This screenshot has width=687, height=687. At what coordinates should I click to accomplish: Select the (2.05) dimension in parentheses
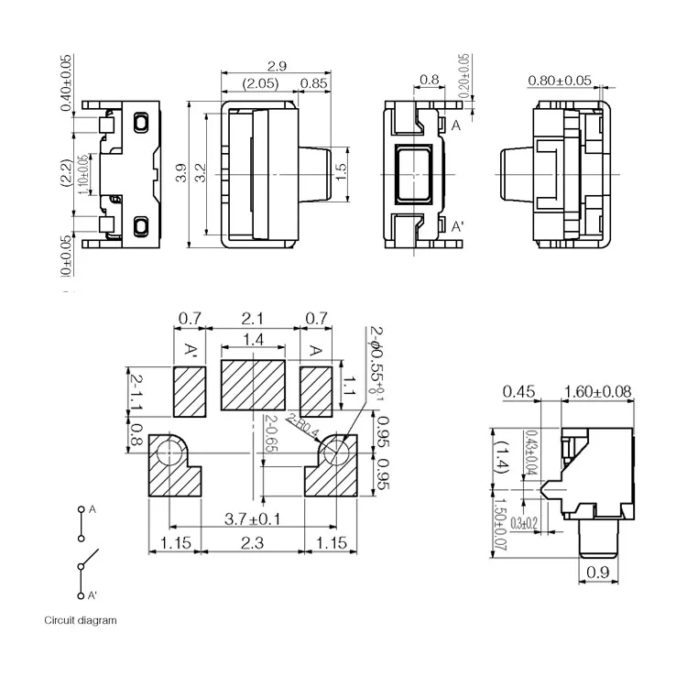[260, 84]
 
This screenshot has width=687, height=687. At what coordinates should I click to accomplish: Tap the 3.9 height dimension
[181, 172]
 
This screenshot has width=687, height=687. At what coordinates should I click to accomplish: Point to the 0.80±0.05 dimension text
[559, 82]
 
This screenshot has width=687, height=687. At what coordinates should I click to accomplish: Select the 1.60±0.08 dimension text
[596, 392]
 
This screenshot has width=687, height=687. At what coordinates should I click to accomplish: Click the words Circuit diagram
[81, 620]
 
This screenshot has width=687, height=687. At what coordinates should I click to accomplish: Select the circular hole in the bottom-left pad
[169, 452]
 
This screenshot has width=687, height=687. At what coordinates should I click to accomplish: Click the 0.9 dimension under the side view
[596, 573]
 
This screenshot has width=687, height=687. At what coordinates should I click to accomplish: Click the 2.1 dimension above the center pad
[253, 318]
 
